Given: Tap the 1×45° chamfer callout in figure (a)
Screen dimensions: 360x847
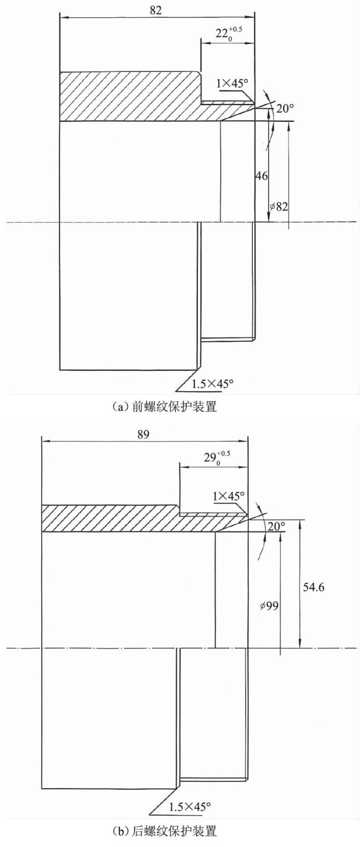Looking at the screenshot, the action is tap(233, 83).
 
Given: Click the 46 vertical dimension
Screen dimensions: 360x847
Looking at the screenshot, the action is tap(262, 176).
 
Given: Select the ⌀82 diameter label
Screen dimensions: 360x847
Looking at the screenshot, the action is tap(278, 207).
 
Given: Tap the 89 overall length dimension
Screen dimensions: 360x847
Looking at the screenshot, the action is tap(143, 435).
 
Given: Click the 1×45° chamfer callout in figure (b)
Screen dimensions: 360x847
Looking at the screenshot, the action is tap(227, 495).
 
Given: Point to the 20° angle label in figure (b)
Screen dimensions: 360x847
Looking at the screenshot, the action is tap(276, 526).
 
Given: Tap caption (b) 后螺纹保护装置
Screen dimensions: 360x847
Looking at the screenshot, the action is tap(163, 831).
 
